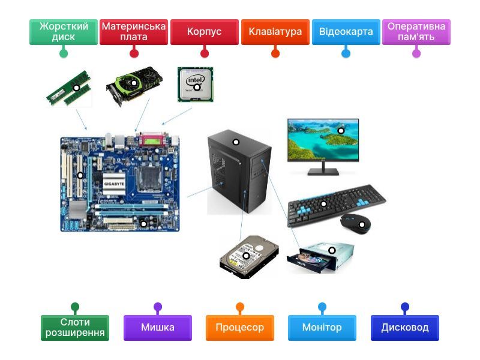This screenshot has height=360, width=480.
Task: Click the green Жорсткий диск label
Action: click(x=63, y=32)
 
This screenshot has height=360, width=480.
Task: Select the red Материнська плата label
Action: click(x=133, y=32)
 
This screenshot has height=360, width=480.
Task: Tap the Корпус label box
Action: click(x=204, y=32)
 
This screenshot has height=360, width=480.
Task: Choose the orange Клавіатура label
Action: click(x=275, y=32)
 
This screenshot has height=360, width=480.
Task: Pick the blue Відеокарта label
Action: click(x=346, y=32)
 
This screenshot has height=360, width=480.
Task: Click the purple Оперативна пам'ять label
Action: click(x=416, y=32)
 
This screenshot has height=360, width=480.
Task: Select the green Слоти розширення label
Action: click(x=75, y=328)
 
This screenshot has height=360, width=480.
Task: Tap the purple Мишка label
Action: click(x=158, y=328)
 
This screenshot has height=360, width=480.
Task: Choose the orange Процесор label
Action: click(x=240, y=328)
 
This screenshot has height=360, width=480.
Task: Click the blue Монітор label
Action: click(x=322, y=328)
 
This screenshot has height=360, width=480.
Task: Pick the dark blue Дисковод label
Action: click(x=405, y=328)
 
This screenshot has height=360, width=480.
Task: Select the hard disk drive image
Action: click(x=248, y=257)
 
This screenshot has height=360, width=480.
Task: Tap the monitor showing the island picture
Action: click(x=323, y=139)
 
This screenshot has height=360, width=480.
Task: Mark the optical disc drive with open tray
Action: click(x=320, y=256)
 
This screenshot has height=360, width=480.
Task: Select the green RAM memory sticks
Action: click(x=69, y=89)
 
